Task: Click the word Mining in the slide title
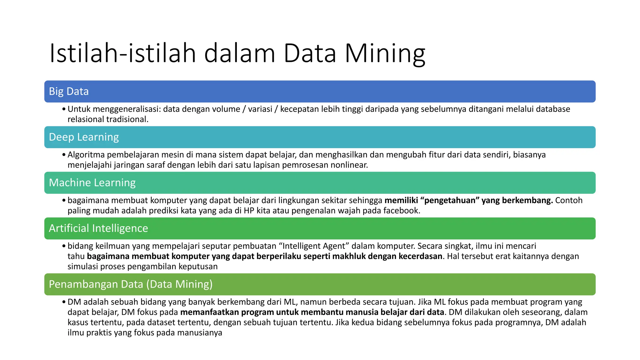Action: (385, 53)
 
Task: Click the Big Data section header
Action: (69, 91)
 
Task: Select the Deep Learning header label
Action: (84, 137)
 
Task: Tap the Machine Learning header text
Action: (92, 182)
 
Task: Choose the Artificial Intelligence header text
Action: (98, 228)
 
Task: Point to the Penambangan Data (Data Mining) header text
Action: (131, 284)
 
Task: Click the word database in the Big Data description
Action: (553, 109)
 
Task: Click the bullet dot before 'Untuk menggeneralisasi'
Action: (64, 109)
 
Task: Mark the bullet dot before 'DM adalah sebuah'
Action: (64, 302)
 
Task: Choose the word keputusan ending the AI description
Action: (198, 267)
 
